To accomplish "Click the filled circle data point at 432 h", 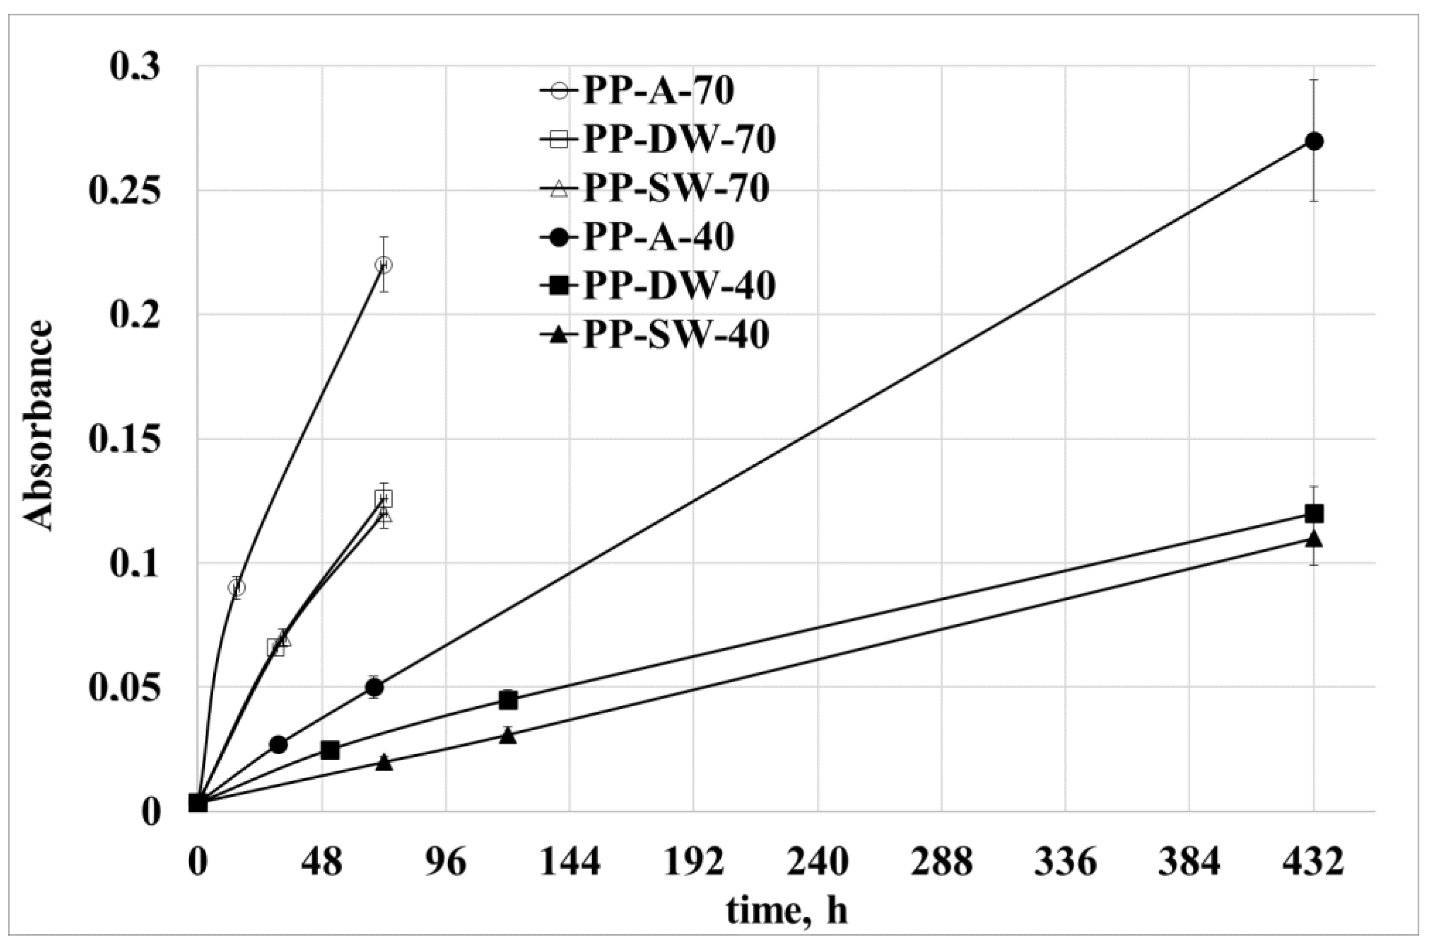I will [1314, 142].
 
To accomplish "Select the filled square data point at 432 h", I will [1314, 514].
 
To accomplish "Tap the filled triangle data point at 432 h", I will [1314, 539].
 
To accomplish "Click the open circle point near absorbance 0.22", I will [383, 265].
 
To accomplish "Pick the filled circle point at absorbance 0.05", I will [374, 687].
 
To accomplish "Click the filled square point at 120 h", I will [508, 700].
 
